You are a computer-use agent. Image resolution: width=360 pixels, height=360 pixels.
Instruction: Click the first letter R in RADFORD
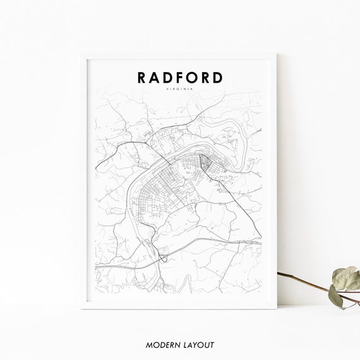click(x=141, y=78)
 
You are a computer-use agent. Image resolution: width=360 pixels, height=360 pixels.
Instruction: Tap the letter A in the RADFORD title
click(x=155, y=78)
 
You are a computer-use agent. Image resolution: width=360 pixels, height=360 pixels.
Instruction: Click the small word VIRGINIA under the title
click(x=180, y=90)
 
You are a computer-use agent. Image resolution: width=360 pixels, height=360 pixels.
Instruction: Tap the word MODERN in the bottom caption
click(x=162, y=345)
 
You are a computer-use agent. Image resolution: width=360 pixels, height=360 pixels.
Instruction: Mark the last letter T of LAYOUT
click(x=213, y=345)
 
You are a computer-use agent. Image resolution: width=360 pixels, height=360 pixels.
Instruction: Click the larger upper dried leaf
click(x=346, y=278)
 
